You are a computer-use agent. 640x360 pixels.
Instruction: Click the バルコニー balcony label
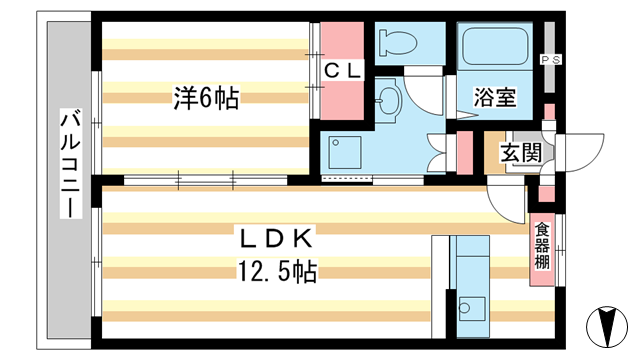[x=71, y=163]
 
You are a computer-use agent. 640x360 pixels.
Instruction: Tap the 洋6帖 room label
[x=207, y=98]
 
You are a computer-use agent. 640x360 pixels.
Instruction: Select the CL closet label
[x=342, y=71]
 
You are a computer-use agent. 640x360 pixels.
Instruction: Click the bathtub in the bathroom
[x=495, y=46]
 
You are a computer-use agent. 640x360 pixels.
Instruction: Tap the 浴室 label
[x=495, y=98]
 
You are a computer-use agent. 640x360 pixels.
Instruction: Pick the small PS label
[x=551, y=60]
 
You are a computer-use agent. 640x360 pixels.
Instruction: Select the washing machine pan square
[x=345, y=153]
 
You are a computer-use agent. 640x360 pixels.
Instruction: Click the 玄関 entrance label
[x=521, y=153]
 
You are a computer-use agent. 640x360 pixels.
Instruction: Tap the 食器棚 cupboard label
[x=542, y=246]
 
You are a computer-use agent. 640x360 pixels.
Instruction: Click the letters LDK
[x=276, y=239]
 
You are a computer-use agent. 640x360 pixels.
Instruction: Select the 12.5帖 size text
[x=277, y=271]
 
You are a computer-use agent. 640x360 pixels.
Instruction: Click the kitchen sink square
[x=472, y=309]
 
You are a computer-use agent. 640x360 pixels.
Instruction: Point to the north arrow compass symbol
[x=607, y=327]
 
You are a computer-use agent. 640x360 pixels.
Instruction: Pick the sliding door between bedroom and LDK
[x=206, y=180]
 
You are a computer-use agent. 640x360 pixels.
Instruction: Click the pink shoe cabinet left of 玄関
[x=464, y=152]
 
